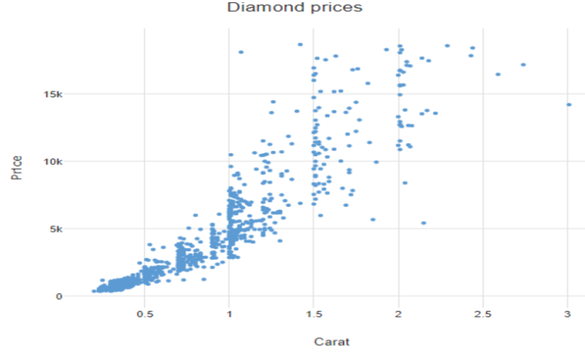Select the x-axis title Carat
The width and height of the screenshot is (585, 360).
pyautogui.click(x=332, y=342)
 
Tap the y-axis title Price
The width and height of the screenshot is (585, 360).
pyautogui.click(x=16, y=167)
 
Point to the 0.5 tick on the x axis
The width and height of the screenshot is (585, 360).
pyautogui.click(x=145, y=314)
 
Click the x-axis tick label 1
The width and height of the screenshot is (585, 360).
pyautogui.click(x=229, y=314)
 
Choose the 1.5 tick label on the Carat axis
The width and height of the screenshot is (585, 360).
pyautogui.click(x=314, y=314)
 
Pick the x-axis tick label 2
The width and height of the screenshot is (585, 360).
pyautogui.click(x=398, y=314)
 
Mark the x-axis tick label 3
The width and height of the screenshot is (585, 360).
pyautogui.click(x=567, y=314)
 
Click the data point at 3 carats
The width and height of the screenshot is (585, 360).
pyautogui.click(x=568, y=105)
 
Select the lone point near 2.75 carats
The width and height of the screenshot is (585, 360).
pyautogui.click(x=523, y=65)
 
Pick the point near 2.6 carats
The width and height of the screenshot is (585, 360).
pyautogui.click(x=498, y=74)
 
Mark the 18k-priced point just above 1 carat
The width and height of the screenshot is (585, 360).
pyautogui.click(x=241, y=52)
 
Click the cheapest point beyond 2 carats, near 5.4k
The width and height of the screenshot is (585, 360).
pyautogui.click(x=424, y=223)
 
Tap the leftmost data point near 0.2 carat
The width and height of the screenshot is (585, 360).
pyautogui.click(x=94, y=291)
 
